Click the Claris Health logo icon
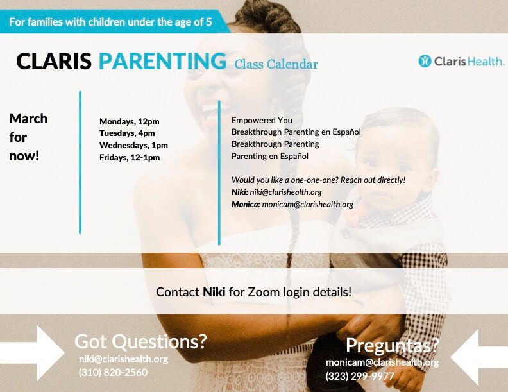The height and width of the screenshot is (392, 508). [x=425, y=61]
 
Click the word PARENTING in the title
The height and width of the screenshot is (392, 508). [x=162, y=61]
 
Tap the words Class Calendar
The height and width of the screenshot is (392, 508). [x=276, y=64]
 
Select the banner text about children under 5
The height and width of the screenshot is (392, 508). [x=110, y=22]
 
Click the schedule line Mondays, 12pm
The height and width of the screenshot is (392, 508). [x=130, y=121]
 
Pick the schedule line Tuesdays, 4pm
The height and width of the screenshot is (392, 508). [x=127, y=133]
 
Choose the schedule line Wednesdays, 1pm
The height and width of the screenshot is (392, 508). [x=133, y=145]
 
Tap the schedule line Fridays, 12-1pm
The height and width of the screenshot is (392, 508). [x=130, y=157]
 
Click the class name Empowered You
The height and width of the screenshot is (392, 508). [x=262, y=120]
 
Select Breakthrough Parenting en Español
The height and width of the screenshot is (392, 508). [x=296, y=132]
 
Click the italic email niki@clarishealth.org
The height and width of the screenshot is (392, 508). [x=286, y=192]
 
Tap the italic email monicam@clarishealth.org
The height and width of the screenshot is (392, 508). [x=307, y=205]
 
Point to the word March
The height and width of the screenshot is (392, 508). [x=28, y=119]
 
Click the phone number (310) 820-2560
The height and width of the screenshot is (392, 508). [x=113, y=372]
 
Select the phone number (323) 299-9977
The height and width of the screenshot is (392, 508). [x=360, y=376]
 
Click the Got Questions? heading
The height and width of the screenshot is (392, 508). [x=140, y=341]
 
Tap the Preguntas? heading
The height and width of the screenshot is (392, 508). [x=392, y=345]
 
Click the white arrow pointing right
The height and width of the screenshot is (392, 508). [x=33, y=353]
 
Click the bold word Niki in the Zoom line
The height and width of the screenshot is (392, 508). [x=214, y=292]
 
